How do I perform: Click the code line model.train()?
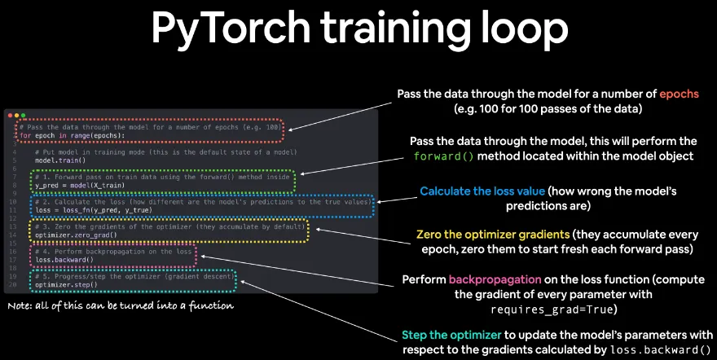[56, 160]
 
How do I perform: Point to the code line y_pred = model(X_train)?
[75, 185]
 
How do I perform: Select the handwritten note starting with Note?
[121, 306]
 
